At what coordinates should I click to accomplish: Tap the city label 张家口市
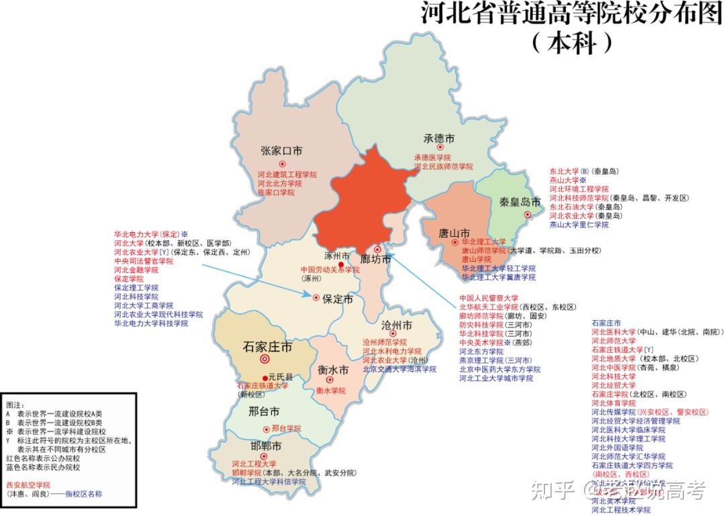pos(281,150)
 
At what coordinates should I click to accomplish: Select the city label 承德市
pos(439,138)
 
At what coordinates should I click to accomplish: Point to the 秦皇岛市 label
pos(520,201)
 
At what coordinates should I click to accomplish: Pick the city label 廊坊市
pos(375,260)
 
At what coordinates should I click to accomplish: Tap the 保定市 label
pos(338,299)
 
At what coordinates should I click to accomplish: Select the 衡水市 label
pos(333,370)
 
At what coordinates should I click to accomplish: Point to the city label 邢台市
pos(263,411)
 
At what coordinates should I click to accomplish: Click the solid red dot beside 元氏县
pos(264,378)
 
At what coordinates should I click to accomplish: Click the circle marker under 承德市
pos(440,148)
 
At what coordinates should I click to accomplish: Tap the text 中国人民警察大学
pos(489,298)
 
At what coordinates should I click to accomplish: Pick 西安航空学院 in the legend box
pos(28,484)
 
